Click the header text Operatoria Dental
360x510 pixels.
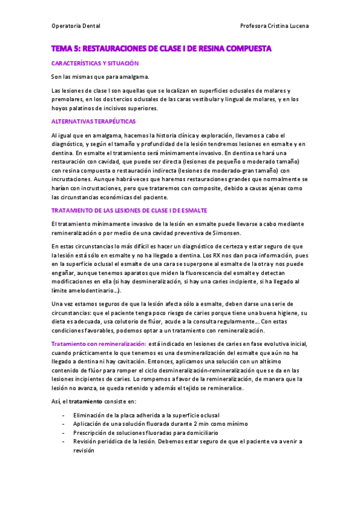click(76, 26)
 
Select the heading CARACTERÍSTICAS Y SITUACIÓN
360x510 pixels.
click(95, 63)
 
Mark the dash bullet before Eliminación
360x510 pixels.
click(64, 416)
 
